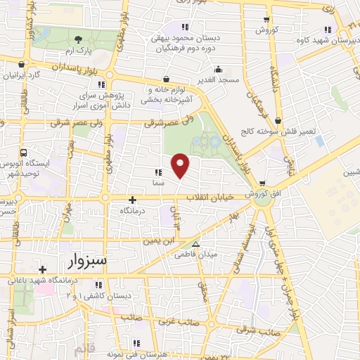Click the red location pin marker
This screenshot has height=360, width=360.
coord(181,165)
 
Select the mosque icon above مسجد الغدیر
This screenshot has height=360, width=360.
coord(219,70)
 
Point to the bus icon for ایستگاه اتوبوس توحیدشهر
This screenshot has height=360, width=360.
coord(25,152)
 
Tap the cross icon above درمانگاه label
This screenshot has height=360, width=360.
coord(132,200)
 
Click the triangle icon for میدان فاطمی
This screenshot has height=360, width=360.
coord(196,245)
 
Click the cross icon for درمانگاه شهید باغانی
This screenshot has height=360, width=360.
coord(43,269)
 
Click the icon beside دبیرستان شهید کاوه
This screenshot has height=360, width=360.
coord(327,29)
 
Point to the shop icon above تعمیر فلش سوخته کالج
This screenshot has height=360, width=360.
coord(278,121)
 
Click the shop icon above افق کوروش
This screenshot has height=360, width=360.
coord(262,183)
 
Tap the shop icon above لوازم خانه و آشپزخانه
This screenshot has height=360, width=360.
coord(166,79)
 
